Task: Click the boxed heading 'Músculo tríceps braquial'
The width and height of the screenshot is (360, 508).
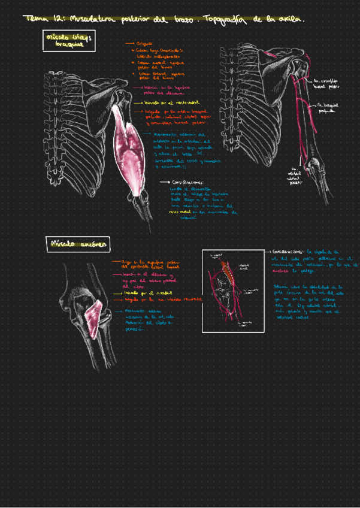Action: click(68, 41)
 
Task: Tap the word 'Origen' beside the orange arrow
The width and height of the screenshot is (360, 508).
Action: click(145, 44)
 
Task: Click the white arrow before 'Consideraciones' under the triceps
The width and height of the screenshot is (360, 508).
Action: click(164, 182)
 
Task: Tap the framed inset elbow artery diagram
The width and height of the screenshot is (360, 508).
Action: click(233, 291)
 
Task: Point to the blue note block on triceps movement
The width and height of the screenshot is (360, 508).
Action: click(186, 150)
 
